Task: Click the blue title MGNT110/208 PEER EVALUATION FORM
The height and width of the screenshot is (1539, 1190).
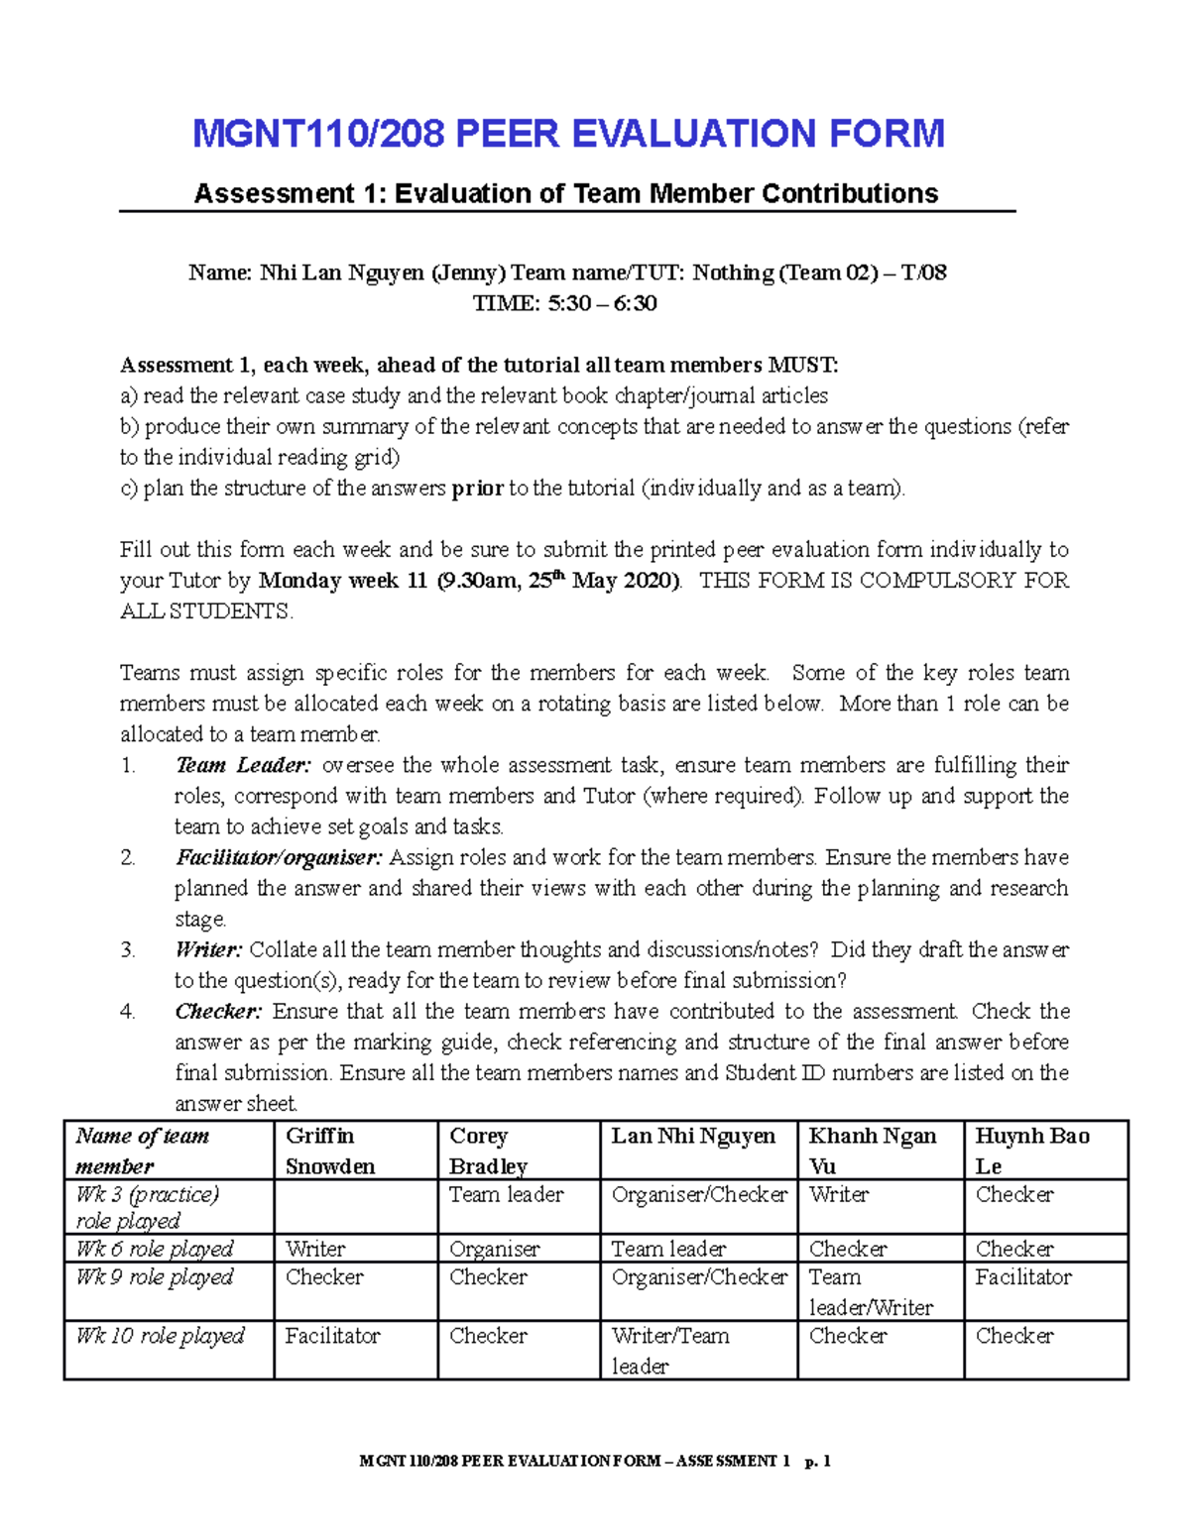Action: coord(568,134)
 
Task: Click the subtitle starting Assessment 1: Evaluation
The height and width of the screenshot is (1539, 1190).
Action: coord(566,193)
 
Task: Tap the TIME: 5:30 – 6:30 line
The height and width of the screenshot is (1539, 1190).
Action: coord(565,303)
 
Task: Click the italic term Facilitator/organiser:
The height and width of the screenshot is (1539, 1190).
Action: coord(279,857)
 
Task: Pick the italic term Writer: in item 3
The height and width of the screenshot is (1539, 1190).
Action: coord(208,949)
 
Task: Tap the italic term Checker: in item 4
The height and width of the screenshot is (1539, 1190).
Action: coord(218,1011)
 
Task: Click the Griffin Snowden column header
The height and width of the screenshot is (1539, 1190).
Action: coord(330,1151)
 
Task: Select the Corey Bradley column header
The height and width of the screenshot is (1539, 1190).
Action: coord(488,1151)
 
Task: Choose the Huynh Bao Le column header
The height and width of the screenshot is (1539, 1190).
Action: coord(1031,1151)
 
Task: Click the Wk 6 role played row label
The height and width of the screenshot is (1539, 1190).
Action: coord(155,1249)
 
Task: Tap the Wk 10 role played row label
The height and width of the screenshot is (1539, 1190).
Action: coord(160,1336)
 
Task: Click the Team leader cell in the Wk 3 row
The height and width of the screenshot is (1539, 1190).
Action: coord(506,1195)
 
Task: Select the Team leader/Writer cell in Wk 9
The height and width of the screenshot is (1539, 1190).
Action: coord(871,1292)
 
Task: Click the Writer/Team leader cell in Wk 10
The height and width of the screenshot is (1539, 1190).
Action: coord(669,1351)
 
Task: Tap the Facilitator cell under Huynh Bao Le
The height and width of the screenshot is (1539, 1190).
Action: coord(1022,1277)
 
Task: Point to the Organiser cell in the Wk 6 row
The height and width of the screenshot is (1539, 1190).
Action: coord(494,1249)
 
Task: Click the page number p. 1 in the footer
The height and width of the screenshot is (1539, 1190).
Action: coord(818,1461)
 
